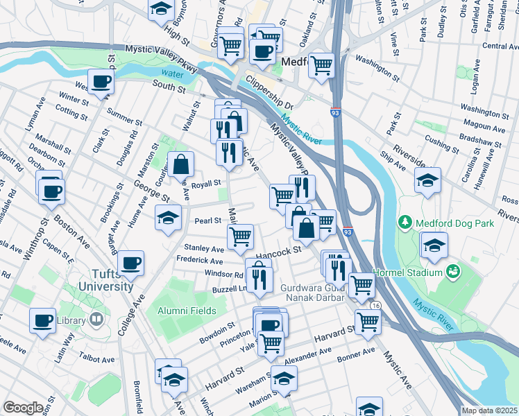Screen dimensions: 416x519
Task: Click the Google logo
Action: click(x=23, y=408)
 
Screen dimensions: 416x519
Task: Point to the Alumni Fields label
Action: click(x=186, y=311)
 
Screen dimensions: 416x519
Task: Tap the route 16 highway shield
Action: click(x=375, y=306)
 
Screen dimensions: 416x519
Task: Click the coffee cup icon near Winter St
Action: click(x=101, y=81)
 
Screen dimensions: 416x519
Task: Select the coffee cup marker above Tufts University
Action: click(x=131, y=263)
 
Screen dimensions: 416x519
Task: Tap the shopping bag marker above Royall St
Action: click(x=180, y=164)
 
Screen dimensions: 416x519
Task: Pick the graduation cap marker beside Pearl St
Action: click(x=167, y=218)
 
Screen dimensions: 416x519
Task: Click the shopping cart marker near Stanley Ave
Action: click(x=240, y=236)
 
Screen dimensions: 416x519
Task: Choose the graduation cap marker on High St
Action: click(x=161, y=9)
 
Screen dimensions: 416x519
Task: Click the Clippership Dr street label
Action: click(x=269, y=96)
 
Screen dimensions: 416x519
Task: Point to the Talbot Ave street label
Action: click(x=97, y=359)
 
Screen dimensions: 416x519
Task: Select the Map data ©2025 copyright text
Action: click(x=489, y=410)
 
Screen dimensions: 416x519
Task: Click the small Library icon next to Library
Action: click(x=96, y=320)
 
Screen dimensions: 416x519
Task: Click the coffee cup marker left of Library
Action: click(x=42, y=320)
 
